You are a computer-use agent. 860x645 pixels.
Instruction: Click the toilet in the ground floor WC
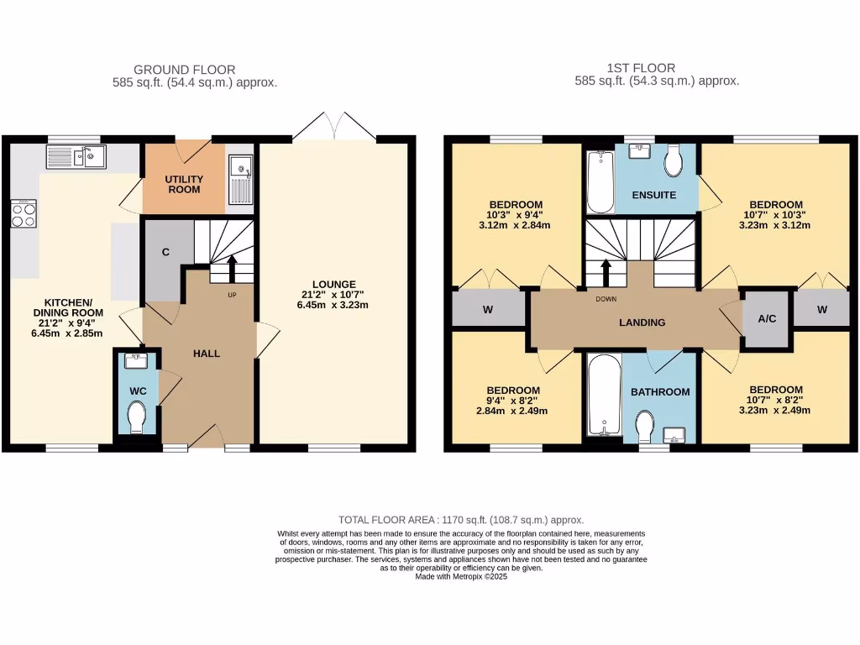135,415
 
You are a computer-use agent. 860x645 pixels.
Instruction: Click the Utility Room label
183,185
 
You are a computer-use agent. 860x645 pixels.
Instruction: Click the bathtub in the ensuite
600,181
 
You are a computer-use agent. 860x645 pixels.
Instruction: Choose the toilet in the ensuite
674,163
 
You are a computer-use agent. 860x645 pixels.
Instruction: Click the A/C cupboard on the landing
766,320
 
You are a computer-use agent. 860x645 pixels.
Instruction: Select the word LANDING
642,322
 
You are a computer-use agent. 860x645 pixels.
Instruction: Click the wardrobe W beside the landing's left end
487,309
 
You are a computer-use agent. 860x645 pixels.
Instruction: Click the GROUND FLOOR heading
185,70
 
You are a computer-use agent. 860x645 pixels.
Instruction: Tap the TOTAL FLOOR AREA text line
460,520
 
